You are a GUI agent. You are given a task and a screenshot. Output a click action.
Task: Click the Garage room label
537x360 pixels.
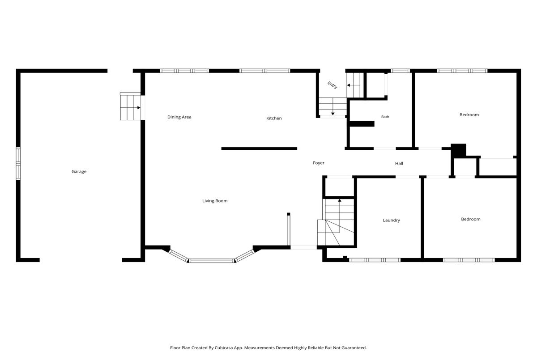[79, 171]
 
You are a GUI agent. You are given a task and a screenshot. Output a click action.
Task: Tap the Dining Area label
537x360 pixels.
[179, 117]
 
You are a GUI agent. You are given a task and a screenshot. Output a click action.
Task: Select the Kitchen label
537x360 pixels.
[274, 118]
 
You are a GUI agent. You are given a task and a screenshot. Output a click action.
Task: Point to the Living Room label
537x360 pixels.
[215, 201]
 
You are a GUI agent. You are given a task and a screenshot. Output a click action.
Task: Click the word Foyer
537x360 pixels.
[319, 163]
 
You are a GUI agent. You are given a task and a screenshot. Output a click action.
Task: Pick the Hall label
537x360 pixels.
[399, 163]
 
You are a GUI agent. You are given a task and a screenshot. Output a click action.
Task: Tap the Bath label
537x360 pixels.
[385, 117]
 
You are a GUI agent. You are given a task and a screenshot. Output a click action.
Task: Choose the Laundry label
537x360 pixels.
[392, 220]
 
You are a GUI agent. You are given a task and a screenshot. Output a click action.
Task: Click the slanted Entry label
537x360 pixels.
[332, 85]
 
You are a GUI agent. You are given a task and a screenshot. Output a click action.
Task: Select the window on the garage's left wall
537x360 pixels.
[18, 164]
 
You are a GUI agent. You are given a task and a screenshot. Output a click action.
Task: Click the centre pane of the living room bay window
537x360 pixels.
[211, 261]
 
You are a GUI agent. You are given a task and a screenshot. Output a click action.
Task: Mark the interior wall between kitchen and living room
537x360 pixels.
[259, 148]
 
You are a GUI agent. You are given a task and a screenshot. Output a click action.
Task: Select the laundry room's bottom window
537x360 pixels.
[375, 260]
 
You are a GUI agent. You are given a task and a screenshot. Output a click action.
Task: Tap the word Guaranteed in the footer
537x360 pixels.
[354, 348]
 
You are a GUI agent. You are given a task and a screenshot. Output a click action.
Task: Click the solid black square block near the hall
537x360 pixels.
[458, 151]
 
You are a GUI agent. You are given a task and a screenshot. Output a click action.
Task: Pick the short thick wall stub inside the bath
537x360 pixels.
[362, 123]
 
